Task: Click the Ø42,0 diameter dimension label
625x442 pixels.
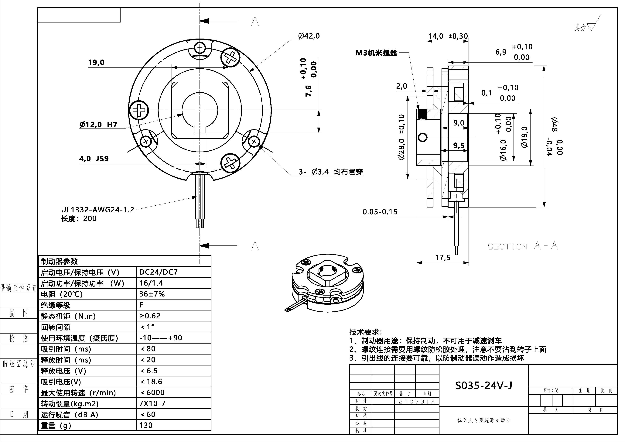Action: pyautogui.click(x=309, y=36)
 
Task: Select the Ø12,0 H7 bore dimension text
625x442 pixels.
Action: pyautogui.click(x=98, y=125)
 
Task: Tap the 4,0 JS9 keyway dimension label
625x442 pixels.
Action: pyautogui.click(x=94, y=159)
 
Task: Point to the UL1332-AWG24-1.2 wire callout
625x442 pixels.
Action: pyautogui.click(x=97, y=210)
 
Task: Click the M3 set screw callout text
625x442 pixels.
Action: pyautogui.click(x=376, y=53)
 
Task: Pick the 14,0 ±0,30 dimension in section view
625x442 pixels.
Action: pyautogui.click(x=448, y=36)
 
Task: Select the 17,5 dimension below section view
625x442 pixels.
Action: pyautogui.click(x=443, y=258)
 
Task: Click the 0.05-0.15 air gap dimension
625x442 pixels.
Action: pyautogui.click(x=380, y=212)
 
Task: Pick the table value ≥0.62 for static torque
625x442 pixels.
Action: pyautogui.click(x=150, y=316)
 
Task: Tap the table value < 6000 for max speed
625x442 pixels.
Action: pyautogui.click(x=152, y=393)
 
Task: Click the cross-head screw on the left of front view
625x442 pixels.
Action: pyautogui.click(x=139, y=111)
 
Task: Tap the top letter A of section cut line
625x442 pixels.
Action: pyautogui.click(x=255, y=21)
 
